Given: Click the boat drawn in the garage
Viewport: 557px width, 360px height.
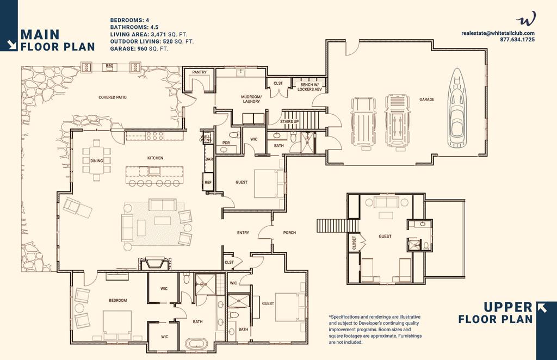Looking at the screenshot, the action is pos(458,108).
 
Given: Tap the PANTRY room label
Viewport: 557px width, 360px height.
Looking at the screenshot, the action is pos(199,72).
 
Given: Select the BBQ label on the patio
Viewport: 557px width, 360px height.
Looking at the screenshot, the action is pos(109,66).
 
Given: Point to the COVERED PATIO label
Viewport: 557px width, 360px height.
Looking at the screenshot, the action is pos(112,97).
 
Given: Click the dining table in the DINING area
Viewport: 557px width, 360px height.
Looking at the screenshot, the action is pos(97,160).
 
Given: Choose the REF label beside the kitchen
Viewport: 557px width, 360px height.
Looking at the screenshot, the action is pos(208,183).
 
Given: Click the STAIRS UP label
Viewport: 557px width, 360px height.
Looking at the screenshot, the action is pos(289,121).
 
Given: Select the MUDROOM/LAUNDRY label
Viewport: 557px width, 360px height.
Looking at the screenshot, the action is pos(251,99).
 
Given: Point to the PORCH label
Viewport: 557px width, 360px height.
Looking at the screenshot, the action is pos(289,233).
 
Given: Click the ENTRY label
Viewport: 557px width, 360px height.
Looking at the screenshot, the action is pos(243,233).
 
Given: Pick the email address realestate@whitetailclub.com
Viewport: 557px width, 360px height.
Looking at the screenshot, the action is pos(498,33).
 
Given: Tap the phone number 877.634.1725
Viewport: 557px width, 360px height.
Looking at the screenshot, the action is pos(517,39).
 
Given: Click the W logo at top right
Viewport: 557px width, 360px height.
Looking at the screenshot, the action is pos(526,19).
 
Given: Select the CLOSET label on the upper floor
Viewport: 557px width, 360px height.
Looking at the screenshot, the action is pos(354,243).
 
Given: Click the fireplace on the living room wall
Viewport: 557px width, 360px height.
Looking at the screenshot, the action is pos(153,263).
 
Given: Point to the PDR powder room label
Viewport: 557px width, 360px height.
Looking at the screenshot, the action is pos(226,143).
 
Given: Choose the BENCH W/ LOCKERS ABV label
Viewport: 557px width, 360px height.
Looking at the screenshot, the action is pos(310,87).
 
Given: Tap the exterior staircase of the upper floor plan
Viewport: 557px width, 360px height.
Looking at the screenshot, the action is pos(338,226).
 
